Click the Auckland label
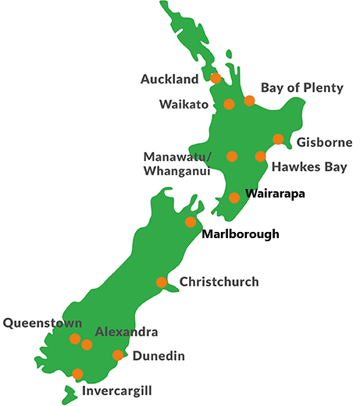point(171,80)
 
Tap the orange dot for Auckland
point(216,78)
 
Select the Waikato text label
point(185,104)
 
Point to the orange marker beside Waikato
point(229,104)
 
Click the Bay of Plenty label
point(301,87)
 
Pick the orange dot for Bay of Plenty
point(249,101)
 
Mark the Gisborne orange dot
point(278,139)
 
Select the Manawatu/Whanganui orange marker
point(232,156)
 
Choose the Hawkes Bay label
point(308,167)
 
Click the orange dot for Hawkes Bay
point(260,156)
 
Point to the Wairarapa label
point(275,193)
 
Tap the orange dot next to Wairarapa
point(234,198)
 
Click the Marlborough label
point(240,233)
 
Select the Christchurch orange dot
point(162,282)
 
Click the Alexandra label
point(126,332)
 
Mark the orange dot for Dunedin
point(117,355)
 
